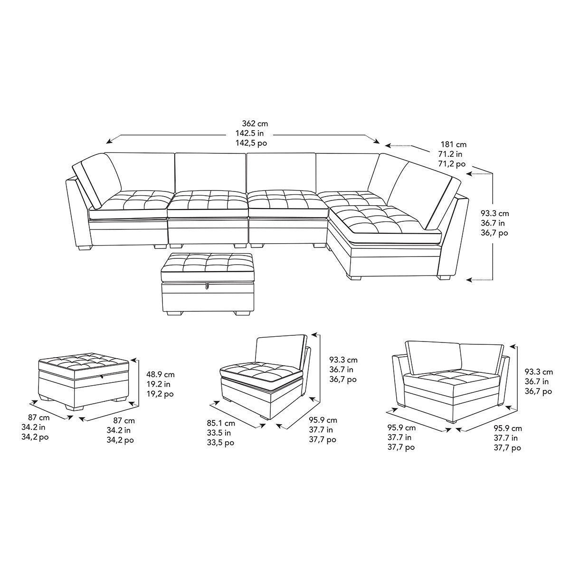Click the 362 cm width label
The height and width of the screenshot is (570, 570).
(255, 123)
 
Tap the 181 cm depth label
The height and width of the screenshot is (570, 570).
(454, 145)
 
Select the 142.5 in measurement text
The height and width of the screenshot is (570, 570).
(249, 133)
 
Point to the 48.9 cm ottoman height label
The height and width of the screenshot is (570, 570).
(161, 374)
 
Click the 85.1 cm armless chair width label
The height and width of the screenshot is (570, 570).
(221, 423)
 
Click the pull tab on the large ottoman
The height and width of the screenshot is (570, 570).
(208, 285)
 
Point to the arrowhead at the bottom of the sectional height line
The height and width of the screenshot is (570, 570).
(470, 279)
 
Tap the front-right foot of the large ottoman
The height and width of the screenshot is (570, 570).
(239, 313)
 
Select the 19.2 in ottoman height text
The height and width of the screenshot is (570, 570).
(158, 384)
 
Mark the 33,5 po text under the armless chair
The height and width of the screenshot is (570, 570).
(220, 443)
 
